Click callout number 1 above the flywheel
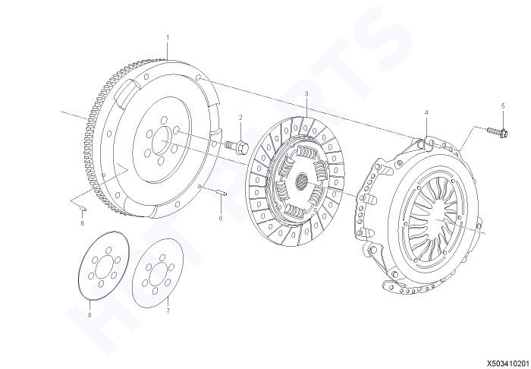pos(168,37)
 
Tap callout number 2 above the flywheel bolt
pos(240,118)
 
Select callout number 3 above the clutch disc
pos(306,93)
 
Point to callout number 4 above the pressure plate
pos(426,112)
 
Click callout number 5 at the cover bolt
pos(503,106)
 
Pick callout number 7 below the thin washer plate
pos(168,311)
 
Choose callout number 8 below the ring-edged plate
pos(90,315)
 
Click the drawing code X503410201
pos(508,364)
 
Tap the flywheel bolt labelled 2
pos(237,147)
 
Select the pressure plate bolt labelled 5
pos(498,131)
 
